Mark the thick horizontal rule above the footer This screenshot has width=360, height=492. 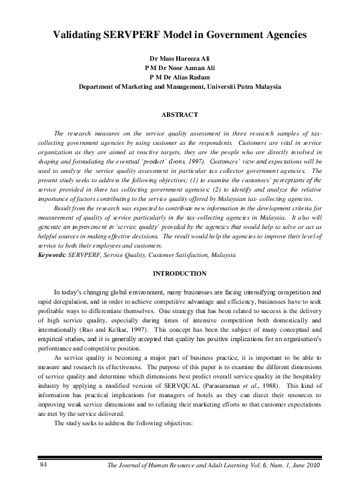pyautogui.click(x=180, y=458)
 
